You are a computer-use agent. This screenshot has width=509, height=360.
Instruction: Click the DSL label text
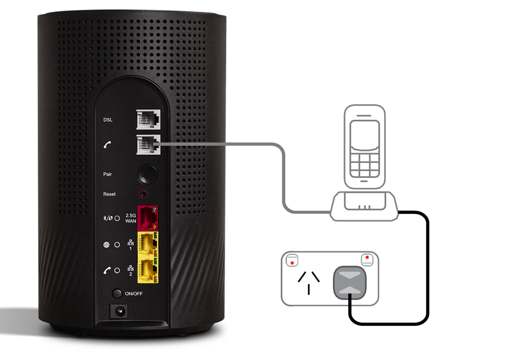(108, 120)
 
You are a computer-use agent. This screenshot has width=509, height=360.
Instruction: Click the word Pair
(108, 174)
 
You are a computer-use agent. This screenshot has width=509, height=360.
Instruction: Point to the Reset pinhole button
(146, 194)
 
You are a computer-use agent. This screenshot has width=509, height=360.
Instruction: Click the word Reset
(109, 194)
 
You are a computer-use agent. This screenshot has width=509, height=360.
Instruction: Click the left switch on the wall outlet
(292, 261)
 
